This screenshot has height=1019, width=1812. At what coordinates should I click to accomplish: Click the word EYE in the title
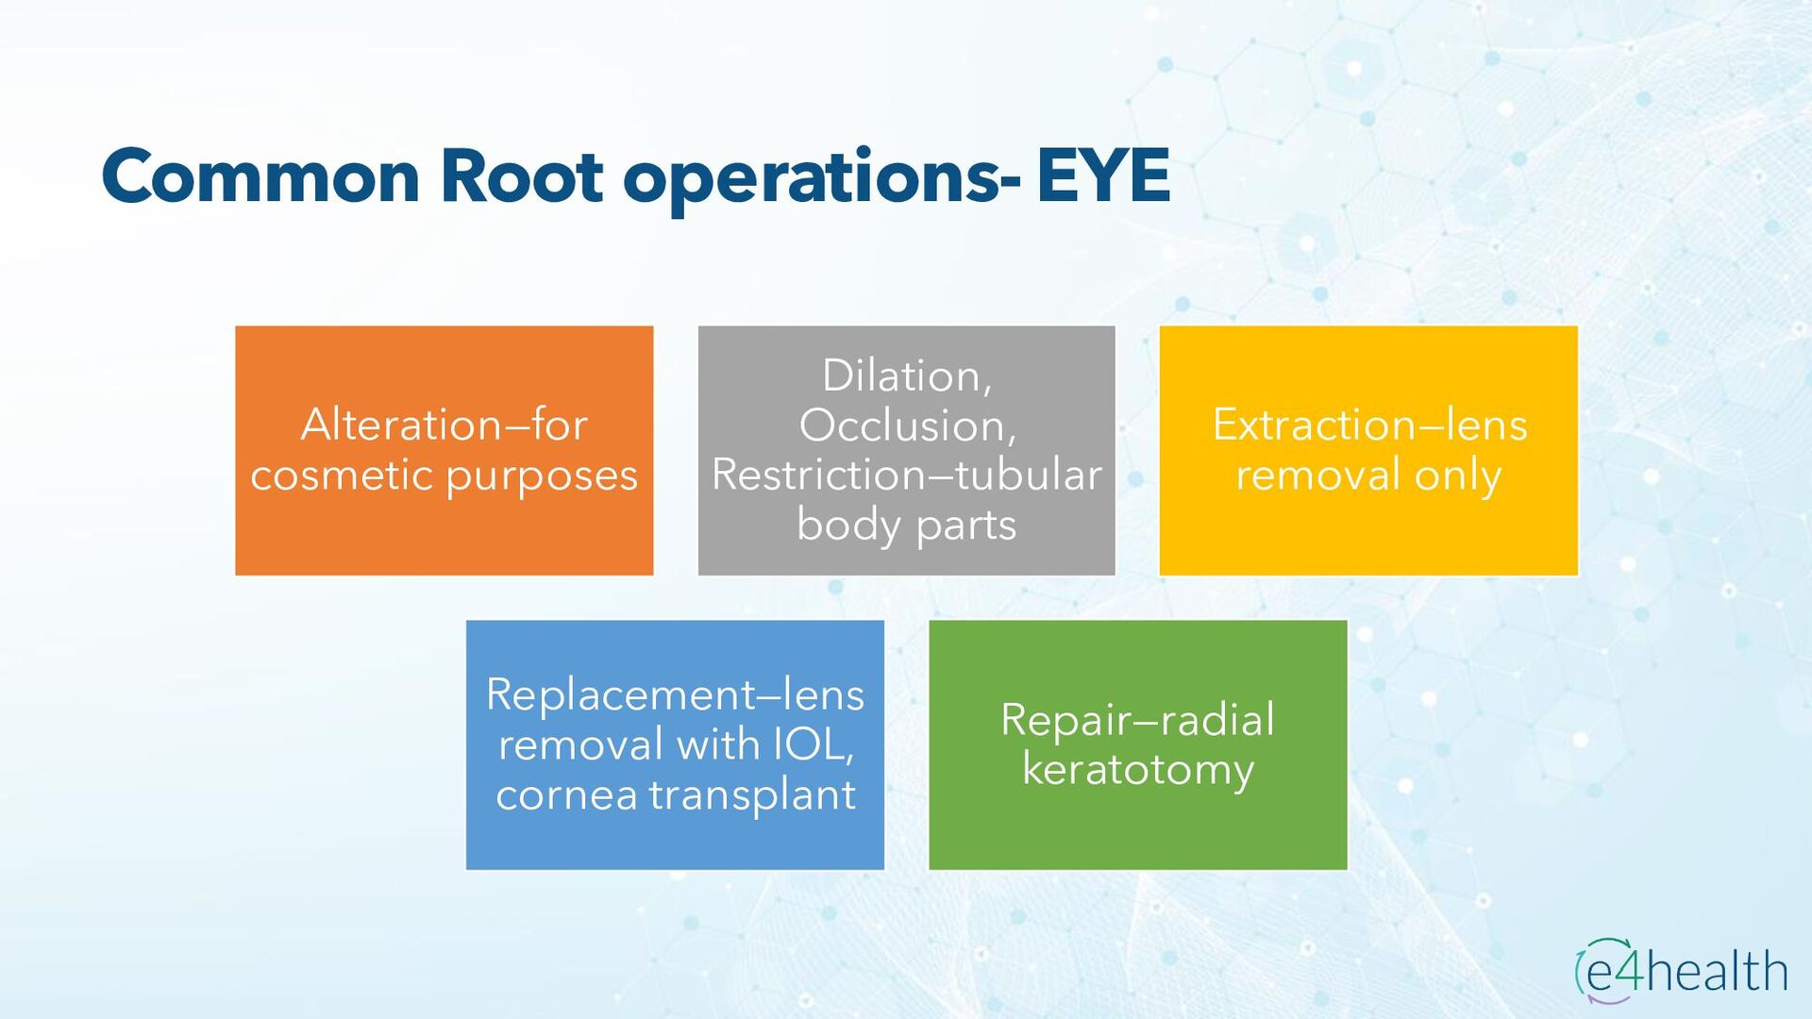(1103, 176)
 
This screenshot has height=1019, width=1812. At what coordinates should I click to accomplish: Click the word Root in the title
(521, 176)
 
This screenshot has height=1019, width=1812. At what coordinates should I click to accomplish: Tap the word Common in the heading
(260, 176)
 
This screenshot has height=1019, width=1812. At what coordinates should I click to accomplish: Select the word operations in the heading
(812, 179)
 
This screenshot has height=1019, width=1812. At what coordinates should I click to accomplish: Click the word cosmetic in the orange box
(342, 475)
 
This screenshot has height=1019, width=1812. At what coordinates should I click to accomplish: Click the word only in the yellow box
(1458, 475)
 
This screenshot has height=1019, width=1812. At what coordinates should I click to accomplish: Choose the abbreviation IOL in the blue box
(813, 744)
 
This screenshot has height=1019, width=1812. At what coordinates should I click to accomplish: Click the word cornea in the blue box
(566, 794)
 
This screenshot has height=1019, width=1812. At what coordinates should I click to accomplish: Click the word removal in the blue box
(580, 744)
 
